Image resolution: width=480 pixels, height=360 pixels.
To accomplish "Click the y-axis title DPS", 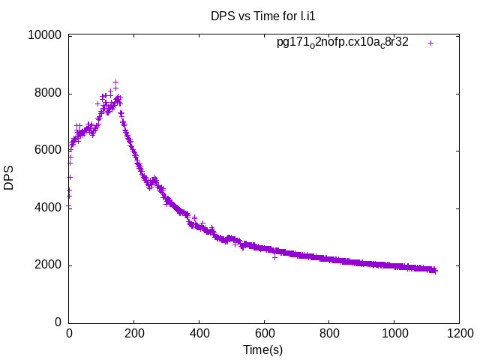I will point(9,178).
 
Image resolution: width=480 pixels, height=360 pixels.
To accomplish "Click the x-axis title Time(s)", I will point(262,349).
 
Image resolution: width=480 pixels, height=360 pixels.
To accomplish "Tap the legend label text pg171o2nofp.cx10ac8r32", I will point(343,43).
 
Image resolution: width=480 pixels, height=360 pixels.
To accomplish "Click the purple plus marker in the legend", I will point(430,43).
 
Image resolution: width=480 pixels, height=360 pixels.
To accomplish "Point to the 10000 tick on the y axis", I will point(45,36).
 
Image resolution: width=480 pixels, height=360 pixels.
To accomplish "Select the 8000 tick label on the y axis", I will point(48,94).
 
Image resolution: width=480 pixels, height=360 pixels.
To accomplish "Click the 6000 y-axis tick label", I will point(48,151).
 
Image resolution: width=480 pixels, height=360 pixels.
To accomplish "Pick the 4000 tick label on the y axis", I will point(48,208).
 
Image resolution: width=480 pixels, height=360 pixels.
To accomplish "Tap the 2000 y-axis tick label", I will point(48,265).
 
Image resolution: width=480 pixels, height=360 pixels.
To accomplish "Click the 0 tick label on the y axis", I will point(58,322).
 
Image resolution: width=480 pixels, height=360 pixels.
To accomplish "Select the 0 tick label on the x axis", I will point(69,333).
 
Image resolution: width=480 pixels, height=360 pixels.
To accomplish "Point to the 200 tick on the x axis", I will point(134,333).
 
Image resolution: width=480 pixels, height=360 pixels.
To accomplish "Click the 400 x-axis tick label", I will point(199,333).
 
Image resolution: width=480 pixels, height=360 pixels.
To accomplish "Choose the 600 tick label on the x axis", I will point(264,333).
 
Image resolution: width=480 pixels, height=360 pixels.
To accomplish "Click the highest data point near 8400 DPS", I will point(115,82).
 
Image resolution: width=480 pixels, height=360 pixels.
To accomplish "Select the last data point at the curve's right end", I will point(434,271).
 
